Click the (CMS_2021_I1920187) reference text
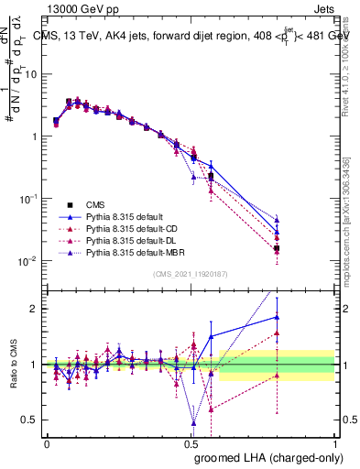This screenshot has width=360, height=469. point(191,273)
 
